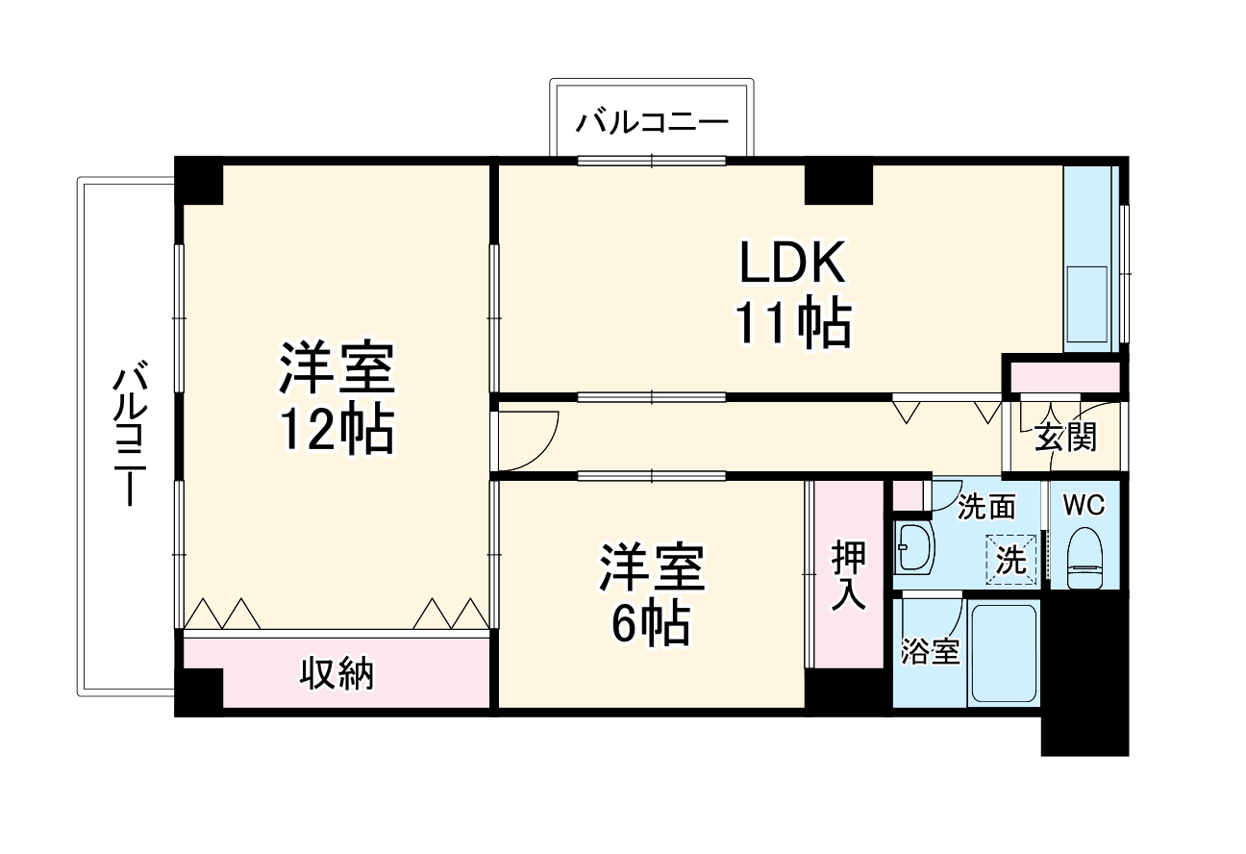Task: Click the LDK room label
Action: (792, 262)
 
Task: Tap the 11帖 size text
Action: (794, 323)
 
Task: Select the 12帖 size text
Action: (336, 432)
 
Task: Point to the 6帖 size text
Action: (651, 625)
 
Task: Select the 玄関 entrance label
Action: (1065, 438)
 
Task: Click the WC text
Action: (1084, 504)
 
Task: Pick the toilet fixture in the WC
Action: (1085, 558)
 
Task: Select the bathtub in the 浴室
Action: (1002, 653)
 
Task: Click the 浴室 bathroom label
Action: (930, 652)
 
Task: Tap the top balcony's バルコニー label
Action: (652, 124)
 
